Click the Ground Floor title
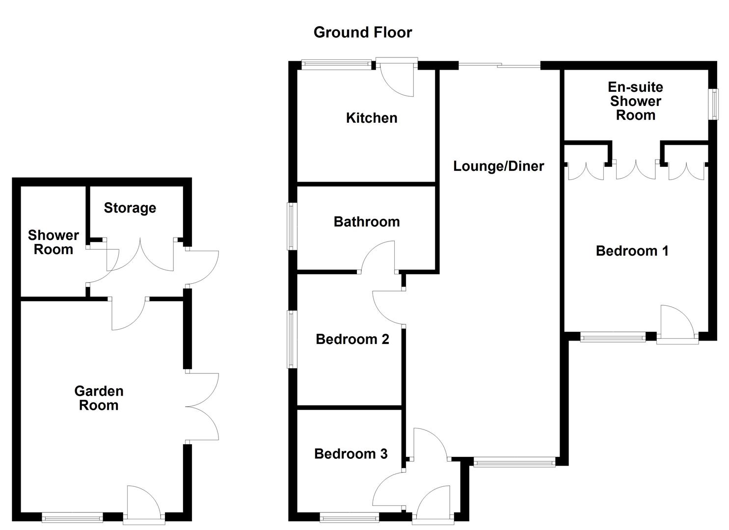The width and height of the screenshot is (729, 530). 363,32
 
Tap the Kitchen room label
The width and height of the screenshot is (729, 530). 372,118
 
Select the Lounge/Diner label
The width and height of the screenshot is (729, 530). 498,166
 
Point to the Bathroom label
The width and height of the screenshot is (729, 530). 367,222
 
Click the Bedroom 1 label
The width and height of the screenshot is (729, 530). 632,251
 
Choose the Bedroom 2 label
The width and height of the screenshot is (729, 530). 352,339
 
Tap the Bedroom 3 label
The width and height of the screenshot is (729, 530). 351,454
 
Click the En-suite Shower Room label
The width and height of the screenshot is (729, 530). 635,101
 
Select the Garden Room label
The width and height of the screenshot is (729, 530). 99,398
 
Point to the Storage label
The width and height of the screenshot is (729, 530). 130,208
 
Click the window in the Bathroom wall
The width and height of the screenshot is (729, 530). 292,226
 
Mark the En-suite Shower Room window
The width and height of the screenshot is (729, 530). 715,104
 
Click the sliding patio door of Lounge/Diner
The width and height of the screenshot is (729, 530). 499,65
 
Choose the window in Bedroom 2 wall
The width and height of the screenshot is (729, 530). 292,339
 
